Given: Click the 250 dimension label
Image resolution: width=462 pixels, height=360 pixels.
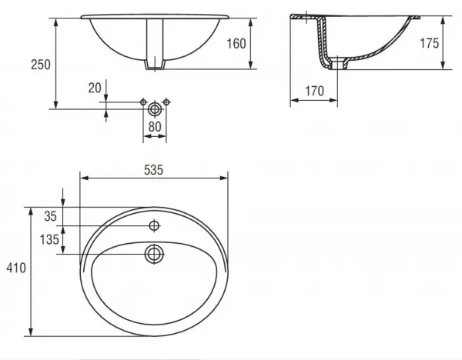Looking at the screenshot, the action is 41,65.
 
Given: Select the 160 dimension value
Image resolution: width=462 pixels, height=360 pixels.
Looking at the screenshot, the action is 236,44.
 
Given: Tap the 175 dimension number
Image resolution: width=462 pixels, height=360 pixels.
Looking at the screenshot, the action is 430,43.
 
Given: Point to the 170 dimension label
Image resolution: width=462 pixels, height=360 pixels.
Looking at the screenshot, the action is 314,91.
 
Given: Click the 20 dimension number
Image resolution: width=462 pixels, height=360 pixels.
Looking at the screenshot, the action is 95,88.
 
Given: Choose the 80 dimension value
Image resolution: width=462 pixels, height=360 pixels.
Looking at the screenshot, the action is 155,127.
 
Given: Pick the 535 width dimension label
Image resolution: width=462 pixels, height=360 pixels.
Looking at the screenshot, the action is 153,170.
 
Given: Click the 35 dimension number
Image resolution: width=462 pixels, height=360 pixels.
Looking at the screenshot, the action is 50,216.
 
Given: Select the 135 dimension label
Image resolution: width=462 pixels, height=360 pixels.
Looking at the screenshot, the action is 49,239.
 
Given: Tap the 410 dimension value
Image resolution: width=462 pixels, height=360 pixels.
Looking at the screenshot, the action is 16,268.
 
